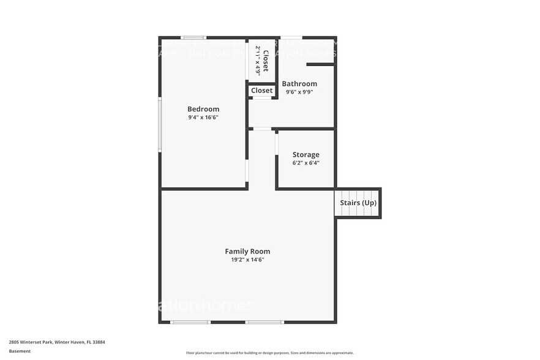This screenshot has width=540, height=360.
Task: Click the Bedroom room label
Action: (203, 109)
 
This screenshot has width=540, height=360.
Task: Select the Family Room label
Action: (247, 251)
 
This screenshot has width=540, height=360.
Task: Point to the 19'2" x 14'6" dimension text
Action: (247, 260)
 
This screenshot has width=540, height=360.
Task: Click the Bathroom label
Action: (299, 84)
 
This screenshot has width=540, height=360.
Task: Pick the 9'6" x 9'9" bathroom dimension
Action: (299, 92)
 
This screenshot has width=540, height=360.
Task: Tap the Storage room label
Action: (306, 155)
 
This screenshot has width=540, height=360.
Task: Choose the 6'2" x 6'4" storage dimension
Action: (306, 163)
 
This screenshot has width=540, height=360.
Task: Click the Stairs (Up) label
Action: (358, 203)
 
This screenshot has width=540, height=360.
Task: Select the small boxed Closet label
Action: (261, 91)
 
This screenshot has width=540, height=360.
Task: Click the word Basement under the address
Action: (20, 351)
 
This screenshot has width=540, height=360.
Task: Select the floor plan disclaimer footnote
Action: (269, 353)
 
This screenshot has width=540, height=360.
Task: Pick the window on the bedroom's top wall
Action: (193, 38)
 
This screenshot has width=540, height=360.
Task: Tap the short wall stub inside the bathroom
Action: (320, 63)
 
